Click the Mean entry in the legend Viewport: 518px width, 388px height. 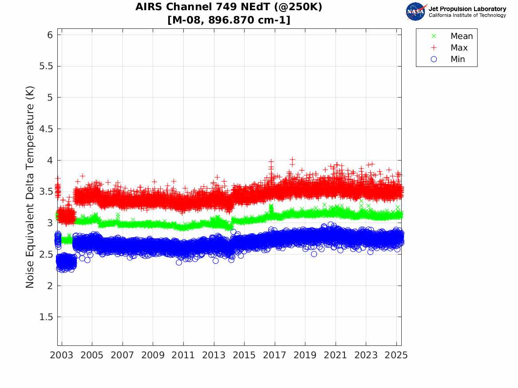(x=461, y=36)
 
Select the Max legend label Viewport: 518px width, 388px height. (x=459, y=47)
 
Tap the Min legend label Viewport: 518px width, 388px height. (x=458, y=59)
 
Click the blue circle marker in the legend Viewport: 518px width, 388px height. (x=434, y=59)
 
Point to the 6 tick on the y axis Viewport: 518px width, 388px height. (x=49, y=35)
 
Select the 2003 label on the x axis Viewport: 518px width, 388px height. (x=62, y=355)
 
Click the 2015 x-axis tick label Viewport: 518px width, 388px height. (x=244, y=355)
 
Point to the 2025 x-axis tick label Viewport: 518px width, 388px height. (x=396, y=355)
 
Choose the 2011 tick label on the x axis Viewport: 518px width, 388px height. (x=183, y=355)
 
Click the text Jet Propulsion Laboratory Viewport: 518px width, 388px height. (x=467, y=8)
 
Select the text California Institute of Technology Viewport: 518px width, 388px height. (x=467, y=15)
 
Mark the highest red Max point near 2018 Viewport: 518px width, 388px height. (x=292, y=160)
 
